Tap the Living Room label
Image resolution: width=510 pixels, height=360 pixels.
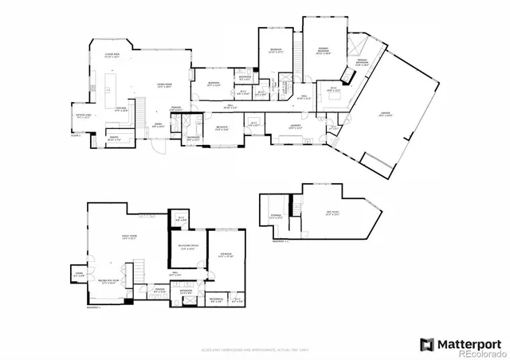(165, 86)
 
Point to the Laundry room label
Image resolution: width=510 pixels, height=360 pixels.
(294, 126)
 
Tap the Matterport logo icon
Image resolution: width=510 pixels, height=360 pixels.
(426, 344)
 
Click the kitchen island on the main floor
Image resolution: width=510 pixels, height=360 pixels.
(109, 84)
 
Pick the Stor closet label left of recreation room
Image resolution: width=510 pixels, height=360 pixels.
(79, 275)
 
